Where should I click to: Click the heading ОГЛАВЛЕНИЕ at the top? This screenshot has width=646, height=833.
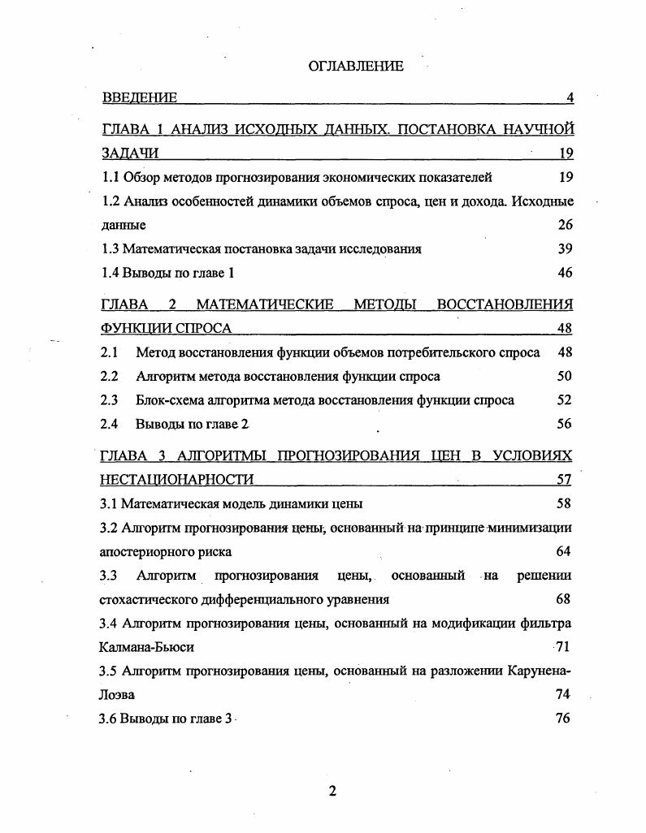pos(355,67)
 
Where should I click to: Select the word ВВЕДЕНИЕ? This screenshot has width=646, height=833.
pos(140,98)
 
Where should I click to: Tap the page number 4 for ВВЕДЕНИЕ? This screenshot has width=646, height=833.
pos(570,98)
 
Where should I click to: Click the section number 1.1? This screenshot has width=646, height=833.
pos(110,176)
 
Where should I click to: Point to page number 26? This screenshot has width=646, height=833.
pos(565,225)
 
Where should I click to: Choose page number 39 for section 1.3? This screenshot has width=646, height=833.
pos(565,248)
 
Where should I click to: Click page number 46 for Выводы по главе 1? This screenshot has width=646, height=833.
pos(565,273)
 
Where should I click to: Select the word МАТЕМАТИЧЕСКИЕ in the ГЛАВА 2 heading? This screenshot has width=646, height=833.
pos(265,304)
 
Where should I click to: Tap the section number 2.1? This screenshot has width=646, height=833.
pos(109,352)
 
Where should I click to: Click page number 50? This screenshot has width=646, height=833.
pos(565,376)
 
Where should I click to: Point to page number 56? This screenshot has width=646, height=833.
pos(565,424)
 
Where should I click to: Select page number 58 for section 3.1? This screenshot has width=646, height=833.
pos(564,503)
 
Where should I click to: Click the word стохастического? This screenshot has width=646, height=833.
pos(147,600)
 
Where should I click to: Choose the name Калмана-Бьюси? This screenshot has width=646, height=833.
pos(146,648)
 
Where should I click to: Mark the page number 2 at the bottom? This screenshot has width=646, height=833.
pos(332,792)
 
